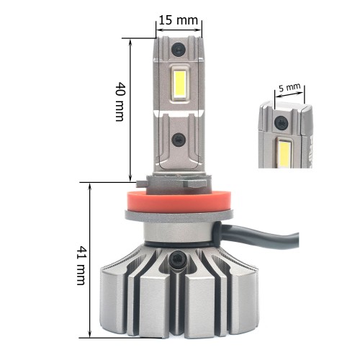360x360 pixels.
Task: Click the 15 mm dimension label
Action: point(179,20)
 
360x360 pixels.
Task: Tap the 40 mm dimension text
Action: point(120,102)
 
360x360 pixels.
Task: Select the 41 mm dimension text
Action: point(81,265)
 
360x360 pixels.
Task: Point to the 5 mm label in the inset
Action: point(289,88)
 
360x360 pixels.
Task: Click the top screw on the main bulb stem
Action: point(179,50)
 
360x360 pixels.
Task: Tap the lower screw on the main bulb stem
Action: point(179,140)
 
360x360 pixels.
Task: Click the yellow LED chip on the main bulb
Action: point(179,83)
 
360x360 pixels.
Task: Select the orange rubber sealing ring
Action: point(178,201)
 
